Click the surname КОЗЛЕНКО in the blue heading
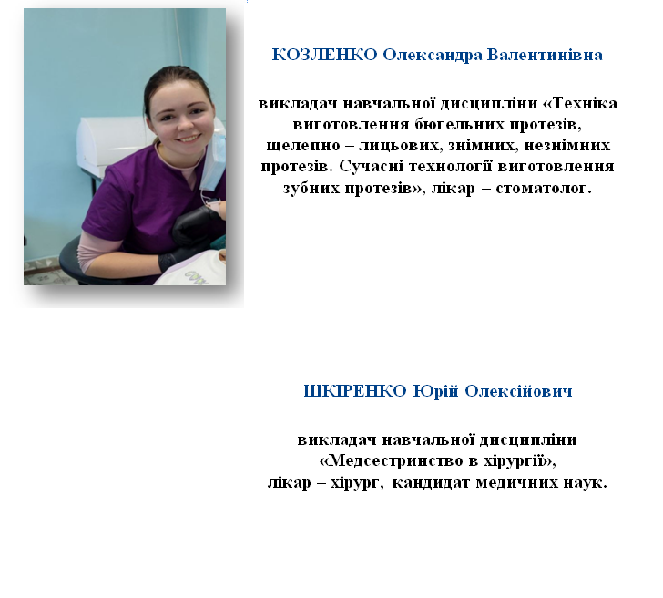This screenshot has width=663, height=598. click(x=324, y=55)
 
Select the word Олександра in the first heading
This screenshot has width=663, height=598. click(x=432, y=56)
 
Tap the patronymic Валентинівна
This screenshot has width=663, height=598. click(x=545, y=55)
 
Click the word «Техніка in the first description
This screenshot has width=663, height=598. click(x=580, y=103)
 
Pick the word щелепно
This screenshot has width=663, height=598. click(x=303, y=146)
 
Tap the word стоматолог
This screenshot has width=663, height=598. click(x=544, y=188)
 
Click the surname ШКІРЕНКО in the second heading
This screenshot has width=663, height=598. click(x=355, y=391)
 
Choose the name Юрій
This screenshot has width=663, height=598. click(x=435, y=391)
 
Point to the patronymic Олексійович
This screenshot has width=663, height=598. click(x=518, y=391)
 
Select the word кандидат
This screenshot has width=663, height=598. click(x=431, y=482)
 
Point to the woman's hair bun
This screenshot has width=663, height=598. click(x=178, y=72)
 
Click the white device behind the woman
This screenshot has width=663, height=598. click(x=113, y=144)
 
